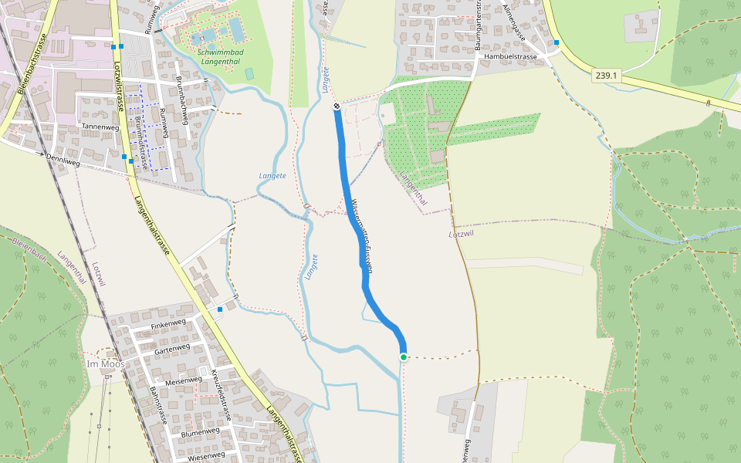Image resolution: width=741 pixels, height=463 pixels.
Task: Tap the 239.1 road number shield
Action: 607,75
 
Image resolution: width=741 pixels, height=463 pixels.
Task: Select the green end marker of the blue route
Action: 403,357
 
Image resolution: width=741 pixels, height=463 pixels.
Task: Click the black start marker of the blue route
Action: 337,106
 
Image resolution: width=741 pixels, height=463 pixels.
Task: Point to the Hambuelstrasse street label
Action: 510,57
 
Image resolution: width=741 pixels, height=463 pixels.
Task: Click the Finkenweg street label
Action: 169,323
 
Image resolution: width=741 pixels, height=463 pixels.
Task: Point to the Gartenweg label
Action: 171,349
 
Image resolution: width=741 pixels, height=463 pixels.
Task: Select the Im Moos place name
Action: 105,363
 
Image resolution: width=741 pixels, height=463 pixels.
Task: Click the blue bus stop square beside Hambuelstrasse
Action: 556,42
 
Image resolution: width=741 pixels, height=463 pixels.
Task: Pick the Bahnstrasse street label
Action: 158,405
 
